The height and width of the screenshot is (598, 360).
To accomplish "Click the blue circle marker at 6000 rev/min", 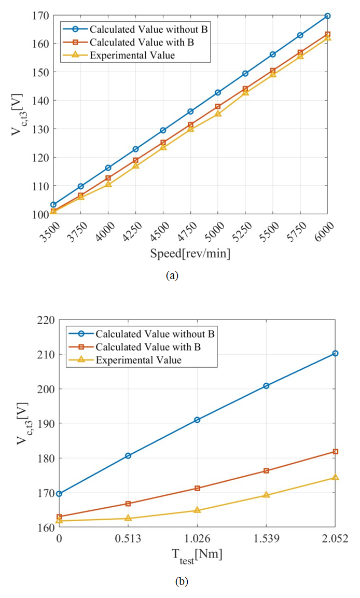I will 327,16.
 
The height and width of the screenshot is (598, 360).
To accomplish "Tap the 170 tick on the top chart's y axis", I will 41,16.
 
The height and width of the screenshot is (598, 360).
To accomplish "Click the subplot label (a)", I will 172,276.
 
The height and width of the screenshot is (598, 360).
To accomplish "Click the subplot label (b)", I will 182,581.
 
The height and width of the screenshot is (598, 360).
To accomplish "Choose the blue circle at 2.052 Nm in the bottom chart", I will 335,353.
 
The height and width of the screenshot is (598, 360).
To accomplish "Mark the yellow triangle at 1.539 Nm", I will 266,495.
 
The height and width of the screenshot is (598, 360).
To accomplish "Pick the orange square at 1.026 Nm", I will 197,488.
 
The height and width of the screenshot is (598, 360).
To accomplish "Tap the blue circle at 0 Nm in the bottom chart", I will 59,494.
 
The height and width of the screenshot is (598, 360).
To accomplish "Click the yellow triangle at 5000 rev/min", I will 218,113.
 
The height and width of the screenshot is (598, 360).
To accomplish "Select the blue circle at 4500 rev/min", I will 163,130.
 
